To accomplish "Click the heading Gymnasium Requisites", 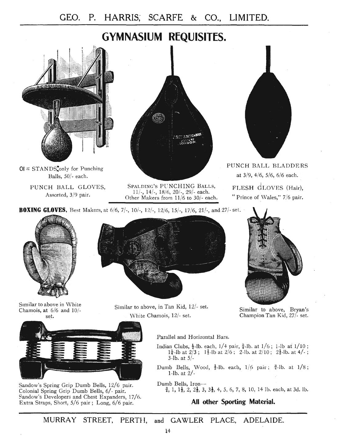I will point(164,37).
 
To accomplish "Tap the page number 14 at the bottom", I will point(167,431).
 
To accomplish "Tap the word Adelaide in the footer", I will point(263,420).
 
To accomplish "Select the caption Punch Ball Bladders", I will point(267,166).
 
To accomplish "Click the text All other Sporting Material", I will point(233,402).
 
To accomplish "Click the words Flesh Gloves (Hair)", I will point(268,188).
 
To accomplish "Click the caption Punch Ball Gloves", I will point(68,187).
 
